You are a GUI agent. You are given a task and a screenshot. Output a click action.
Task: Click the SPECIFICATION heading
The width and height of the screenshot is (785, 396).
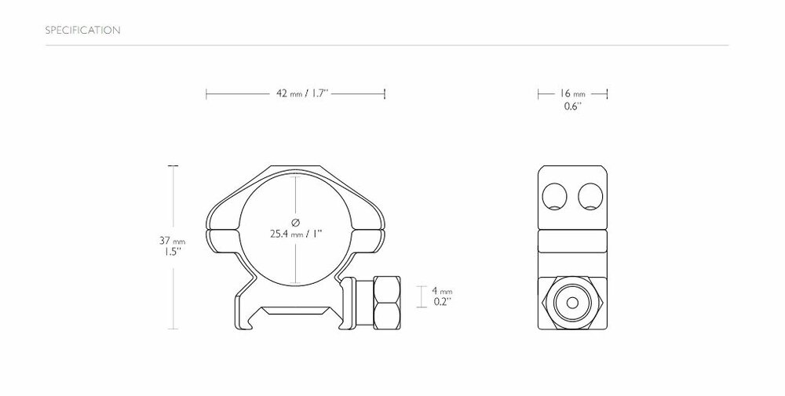tap(82, 31)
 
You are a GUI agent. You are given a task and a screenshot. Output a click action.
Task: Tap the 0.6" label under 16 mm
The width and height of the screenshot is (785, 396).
tap(572, 107)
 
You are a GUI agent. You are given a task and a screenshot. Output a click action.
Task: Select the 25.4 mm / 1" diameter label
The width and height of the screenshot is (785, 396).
tap(295, 234)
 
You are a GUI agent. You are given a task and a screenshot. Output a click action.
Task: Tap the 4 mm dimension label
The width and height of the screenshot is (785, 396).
tap(443, 290)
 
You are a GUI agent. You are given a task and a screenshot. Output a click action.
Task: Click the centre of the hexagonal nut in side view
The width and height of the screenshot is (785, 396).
tap(573, 301)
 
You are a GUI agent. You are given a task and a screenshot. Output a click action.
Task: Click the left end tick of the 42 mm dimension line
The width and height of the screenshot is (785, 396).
tap(206, 94)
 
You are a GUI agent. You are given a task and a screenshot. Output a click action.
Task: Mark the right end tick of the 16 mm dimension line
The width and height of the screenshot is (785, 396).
tap(608, 94)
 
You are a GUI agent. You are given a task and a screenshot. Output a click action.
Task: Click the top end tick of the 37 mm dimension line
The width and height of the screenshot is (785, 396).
tap(173, 166)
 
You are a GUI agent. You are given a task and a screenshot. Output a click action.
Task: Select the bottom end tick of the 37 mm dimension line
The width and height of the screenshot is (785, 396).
tap(173, 329)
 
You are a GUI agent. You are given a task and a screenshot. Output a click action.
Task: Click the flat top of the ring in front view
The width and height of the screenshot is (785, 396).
tap(295, 167)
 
